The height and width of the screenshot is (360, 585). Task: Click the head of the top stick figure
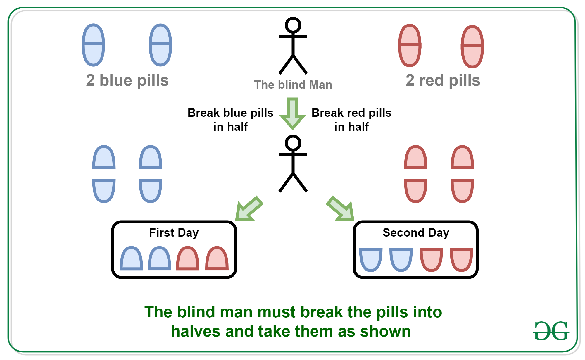293,25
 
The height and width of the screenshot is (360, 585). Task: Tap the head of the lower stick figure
293,143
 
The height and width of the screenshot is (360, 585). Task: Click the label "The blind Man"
293,85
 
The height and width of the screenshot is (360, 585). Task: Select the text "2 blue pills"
127,80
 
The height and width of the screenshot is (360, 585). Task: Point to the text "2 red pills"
443,80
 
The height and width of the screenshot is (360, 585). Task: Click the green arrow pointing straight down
293,114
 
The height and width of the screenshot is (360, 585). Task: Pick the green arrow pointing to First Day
249,209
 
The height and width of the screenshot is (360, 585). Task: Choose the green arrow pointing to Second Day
340,209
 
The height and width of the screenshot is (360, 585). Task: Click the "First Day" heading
174,233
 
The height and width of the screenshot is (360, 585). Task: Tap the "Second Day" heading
416,233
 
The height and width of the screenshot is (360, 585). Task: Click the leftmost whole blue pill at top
93,45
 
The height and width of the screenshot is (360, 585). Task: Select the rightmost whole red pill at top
472,46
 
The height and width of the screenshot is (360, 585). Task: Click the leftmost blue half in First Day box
132,258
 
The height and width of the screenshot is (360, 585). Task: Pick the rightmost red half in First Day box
217,258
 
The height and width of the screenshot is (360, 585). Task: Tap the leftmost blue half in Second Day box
371,260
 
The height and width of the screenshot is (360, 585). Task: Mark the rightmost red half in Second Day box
461,260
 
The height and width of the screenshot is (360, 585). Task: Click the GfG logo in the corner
551,331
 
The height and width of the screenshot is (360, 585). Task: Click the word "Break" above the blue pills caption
203,113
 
